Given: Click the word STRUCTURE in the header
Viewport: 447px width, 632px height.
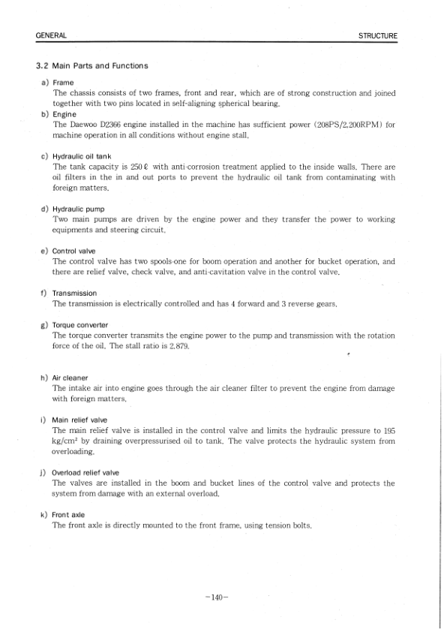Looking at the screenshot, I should click(x=378, y=35).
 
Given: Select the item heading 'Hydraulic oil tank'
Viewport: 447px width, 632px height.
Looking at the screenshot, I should click(x=84, y=156).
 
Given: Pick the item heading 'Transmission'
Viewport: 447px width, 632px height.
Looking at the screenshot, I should click(x=74, y=293).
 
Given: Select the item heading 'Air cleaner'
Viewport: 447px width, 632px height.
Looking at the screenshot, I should click(x=70, y=378).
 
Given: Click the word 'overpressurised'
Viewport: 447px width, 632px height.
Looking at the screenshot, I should click(x=167, y=441).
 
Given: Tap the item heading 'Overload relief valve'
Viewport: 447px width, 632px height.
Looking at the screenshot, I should click(x=85, y=473).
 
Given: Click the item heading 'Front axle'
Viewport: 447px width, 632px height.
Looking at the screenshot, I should click(x=68, y=515).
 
